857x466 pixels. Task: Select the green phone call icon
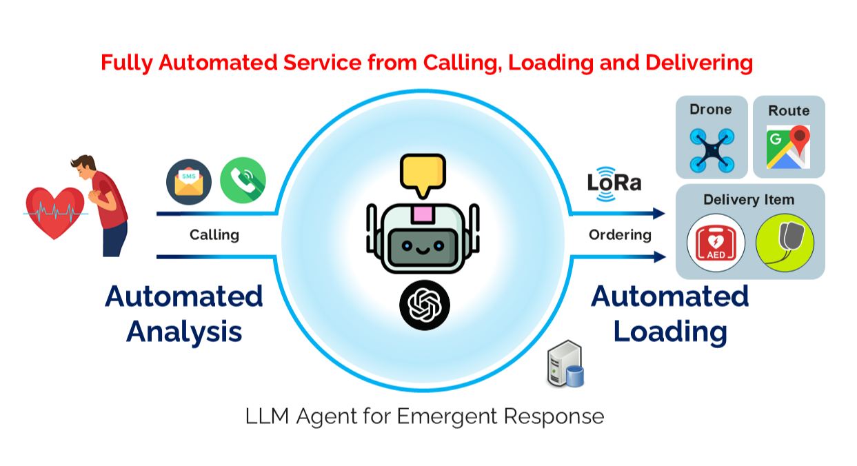point(243,181)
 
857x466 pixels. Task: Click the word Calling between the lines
point(214,235)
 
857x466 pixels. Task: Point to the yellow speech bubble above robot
point(422,174)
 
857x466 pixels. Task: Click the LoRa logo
point(614,183)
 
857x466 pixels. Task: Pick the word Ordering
point(620,235)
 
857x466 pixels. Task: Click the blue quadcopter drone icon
point(712,149)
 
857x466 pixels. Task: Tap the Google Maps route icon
point(787,147)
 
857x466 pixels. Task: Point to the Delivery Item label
point(749,200)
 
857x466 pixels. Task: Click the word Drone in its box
point(710,109)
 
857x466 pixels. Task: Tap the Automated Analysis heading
point(184,314)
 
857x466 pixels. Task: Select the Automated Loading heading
point(669,314)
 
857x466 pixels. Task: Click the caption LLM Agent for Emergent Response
point(424,416)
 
